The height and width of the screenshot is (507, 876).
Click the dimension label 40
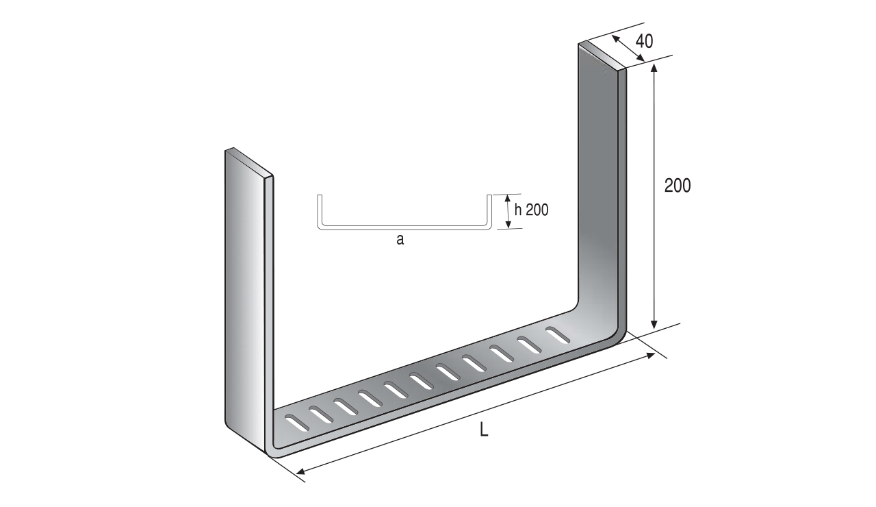[644, 41]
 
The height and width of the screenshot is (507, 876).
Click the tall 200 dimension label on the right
[678, 186]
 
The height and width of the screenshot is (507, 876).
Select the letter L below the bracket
[484, 430]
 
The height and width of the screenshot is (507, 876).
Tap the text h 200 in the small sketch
[532, 210]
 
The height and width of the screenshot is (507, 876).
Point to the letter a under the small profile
[400, 239]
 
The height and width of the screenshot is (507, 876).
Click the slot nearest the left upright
[297, 422]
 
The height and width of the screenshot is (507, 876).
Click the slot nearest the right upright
[558, 335]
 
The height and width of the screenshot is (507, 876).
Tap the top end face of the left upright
[248, 162]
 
